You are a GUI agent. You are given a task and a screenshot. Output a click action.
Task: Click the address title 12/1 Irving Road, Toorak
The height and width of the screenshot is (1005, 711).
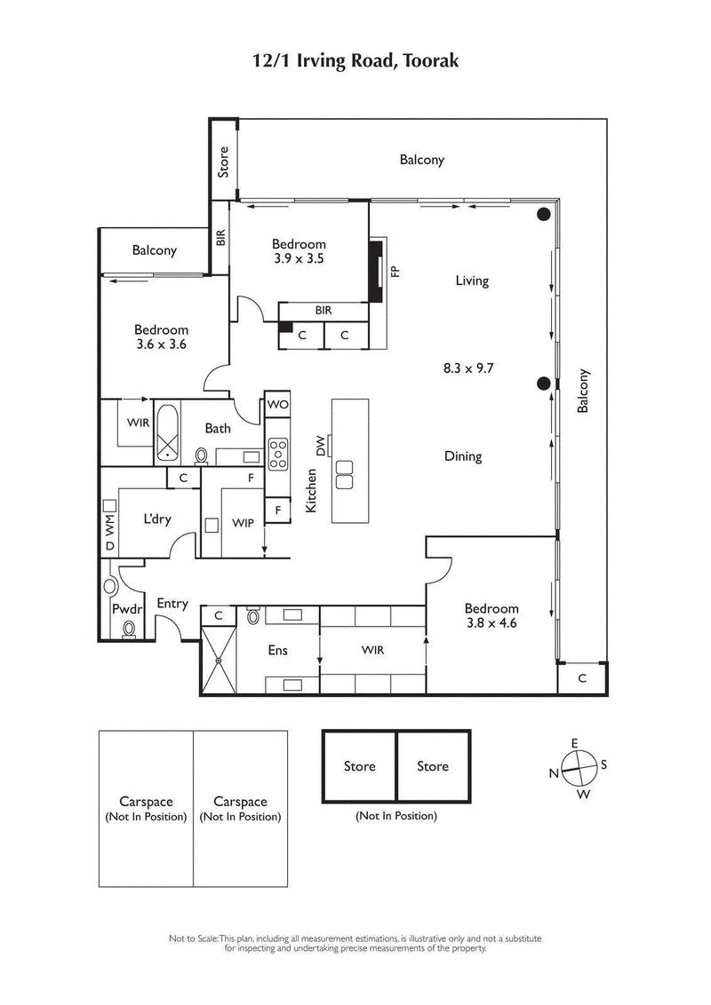[x=355, y=60]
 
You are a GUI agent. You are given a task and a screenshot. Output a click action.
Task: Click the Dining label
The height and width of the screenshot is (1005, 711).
[x=462, y=456]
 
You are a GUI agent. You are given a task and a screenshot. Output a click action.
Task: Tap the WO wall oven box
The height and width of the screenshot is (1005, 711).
[x=278, y=405]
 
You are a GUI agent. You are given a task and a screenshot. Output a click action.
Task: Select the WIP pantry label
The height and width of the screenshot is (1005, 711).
[x=244, y=523]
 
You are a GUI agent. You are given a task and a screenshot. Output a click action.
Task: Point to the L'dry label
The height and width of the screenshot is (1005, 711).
[x=156, y=519]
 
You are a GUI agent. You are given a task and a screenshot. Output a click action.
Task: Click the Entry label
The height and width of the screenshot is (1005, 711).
[x=172, y=604]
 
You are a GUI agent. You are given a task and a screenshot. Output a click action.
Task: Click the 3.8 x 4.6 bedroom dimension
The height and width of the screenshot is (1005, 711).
[x=491, y=623]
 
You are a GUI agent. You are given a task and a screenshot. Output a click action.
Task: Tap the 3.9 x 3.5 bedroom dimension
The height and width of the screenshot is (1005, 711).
[x=299, y=260]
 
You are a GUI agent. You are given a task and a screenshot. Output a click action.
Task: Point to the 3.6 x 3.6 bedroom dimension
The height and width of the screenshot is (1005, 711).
[x=162, y=344]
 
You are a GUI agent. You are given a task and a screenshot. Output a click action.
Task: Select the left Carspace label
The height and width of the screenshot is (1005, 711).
[x=146, y=809]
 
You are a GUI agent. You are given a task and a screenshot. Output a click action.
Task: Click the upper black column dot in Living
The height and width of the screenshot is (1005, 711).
[x=543, y=214]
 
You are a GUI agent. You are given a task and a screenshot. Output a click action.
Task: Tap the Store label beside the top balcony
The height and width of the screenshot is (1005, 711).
[x=224, y=161]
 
